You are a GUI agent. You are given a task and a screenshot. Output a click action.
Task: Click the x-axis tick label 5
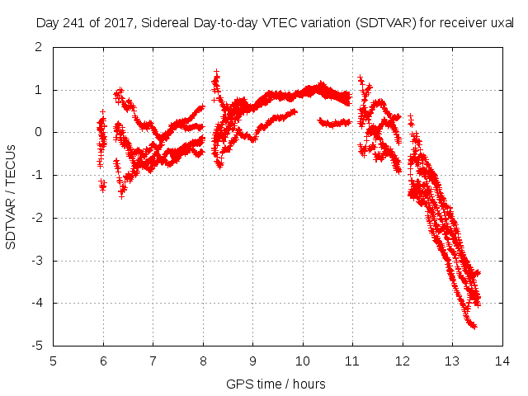pos(54,361)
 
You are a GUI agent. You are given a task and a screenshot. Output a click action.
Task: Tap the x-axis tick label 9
pos(253,361)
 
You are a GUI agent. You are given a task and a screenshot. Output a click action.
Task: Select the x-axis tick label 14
pos(502,361)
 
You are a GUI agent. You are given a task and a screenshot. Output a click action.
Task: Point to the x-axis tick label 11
pos(352,361)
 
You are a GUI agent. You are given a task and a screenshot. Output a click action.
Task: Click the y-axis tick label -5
pos(39,346)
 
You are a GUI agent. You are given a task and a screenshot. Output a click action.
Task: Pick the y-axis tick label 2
pos(41,46)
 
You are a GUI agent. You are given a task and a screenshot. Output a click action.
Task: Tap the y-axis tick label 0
pos(41,132)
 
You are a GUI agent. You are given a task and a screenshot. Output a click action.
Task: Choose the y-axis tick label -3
pos(39,261)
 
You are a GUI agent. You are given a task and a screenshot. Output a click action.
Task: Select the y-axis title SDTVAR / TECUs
pos(12,196)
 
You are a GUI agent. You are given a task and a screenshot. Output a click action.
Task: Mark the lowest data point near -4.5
pos(474,327)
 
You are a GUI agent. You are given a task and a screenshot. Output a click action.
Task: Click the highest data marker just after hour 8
pos(216,72)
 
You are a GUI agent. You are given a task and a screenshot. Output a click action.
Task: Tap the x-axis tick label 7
pos(153,361)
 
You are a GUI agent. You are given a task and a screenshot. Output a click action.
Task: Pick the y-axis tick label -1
pos(39,175)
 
